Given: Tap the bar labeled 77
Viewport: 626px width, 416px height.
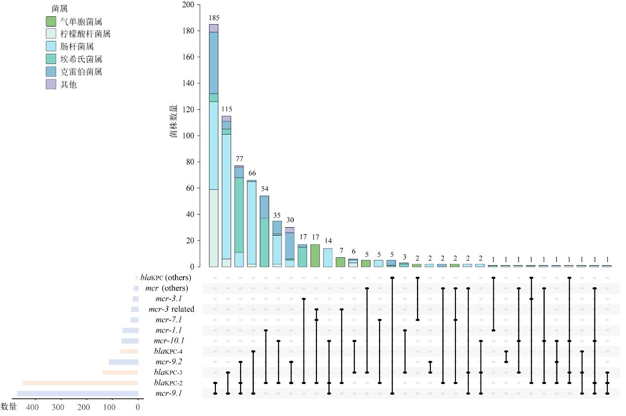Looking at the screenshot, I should point(239,216).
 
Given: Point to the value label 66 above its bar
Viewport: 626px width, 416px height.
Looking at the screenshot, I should point(252,173).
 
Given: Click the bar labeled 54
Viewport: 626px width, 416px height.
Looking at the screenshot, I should point(264,231).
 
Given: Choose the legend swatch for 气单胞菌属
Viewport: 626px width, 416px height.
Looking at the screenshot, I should point(51,21).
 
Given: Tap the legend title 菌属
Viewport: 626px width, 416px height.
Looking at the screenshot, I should point(60,9).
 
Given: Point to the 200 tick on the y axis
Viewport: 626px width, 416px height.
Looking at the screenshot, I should point(188,5).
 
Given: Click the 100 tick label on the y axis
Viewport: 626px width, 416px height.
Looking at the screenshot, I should point(188,136).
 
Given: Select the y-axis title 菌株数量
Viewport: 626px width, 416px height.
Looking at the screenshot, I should point(174,120).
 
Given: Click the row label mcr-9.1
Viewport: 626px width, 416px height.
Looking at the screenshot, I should point(168,393).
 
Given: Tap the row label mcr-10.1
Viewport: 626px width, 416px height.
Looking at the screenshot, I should point(169,341).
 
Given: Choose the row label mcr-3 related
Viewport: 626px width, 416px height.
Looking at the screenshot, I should point(171,309).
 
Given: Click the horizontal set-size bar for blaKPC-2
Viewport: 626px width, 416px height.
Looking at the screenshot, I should point(80,383).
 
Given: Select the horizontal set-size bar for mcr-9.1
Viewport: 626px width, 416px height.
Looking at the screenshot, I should point(78,393).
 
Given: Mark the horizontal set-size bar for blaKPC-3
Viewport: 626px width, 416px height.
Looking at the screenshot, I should point(120,372).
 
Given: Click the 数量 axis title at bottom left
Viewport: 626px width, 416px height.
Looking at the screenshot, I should point(9,407).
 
